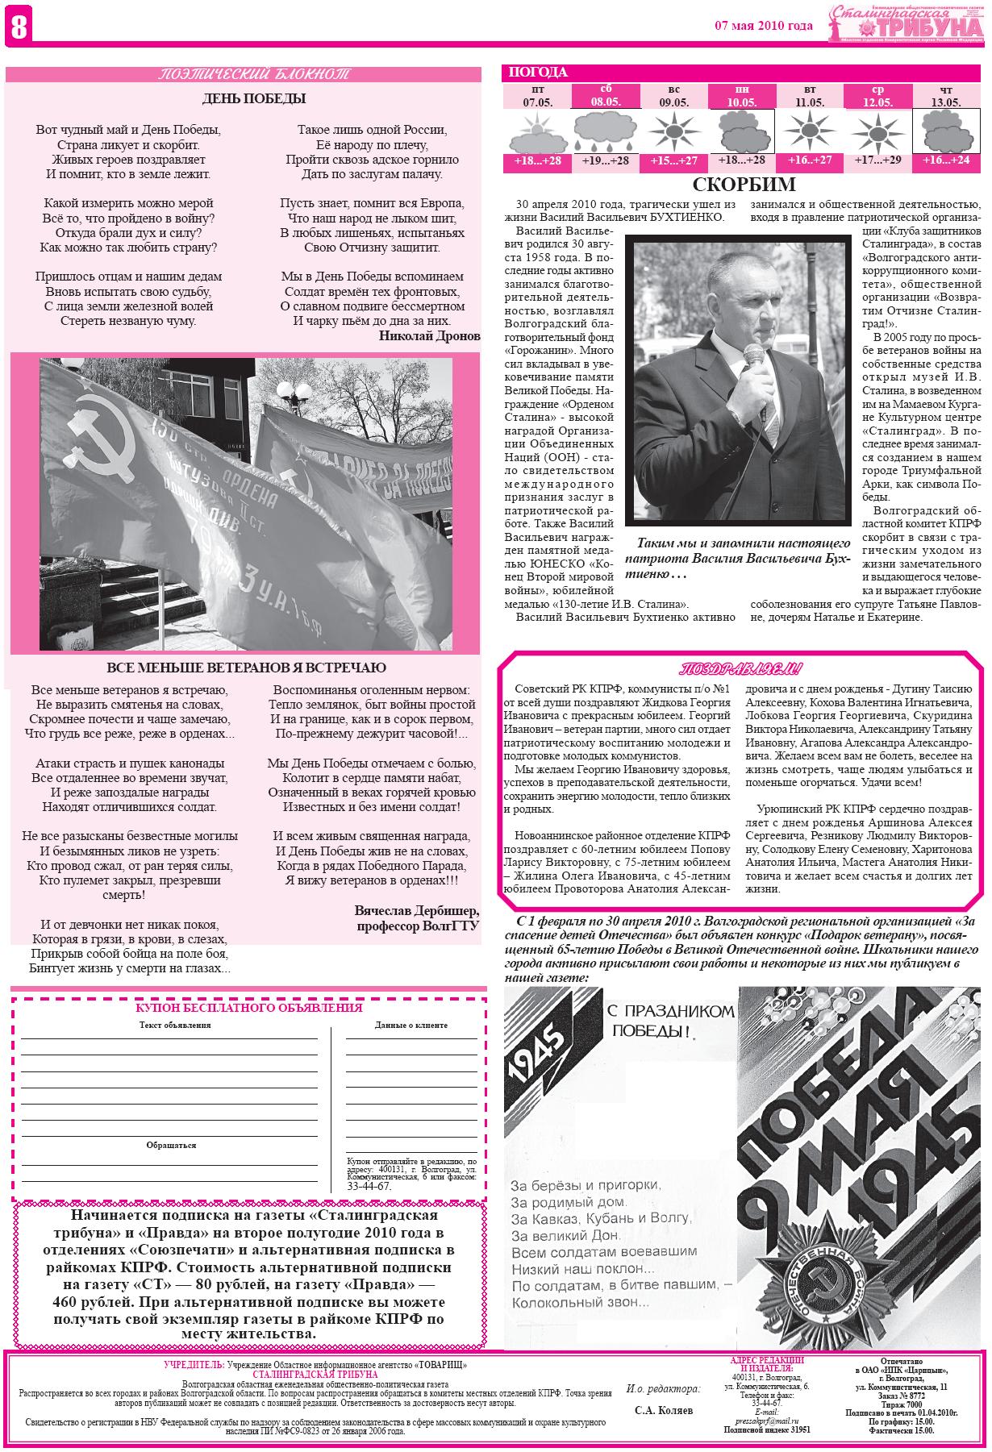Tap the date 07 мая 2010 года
(x=763, y=26)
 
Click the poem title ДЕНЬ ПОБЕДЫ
(x=254, y=99)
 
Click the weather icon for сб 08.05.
(x=605, y=131)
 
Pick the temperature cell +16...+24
(x=946, y=160)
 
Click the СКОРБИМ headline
(x=744, y=185)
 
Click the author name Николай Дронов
(x=418, y=336)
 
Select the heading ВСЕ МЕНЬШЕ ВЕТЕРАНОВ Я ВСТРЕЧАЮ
(x=246, y=668)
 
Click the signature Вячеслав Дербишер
(x=416, y=910)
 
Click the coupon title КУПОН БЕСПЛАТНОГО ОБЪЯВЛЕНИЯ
(x=249, y=1008)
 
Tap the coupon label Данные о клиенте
(x=411, y=1026)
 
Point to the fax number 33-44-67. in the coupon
(x=369, y=1187)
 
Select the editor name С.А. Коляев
(x=663, y=1411)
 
